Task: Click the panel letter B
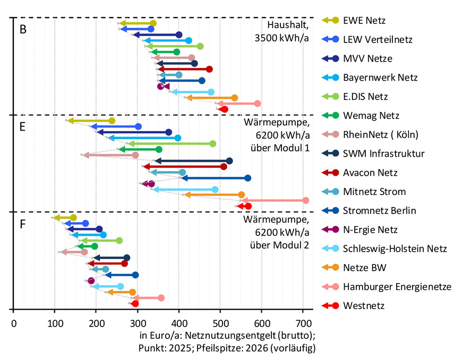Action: click(x=23, y=30)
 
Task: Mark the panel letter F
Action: click(x=23, y=223)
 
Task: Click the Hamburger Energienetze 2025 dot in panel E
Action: click(x=306, y=200)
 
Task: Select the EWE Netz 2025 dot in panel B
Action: click(x=153, y=23)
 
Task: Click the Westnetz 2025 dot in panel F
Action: click(x=135, y=304)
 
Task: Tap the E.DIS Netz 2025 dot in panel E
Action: click(x=213, y=143)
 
